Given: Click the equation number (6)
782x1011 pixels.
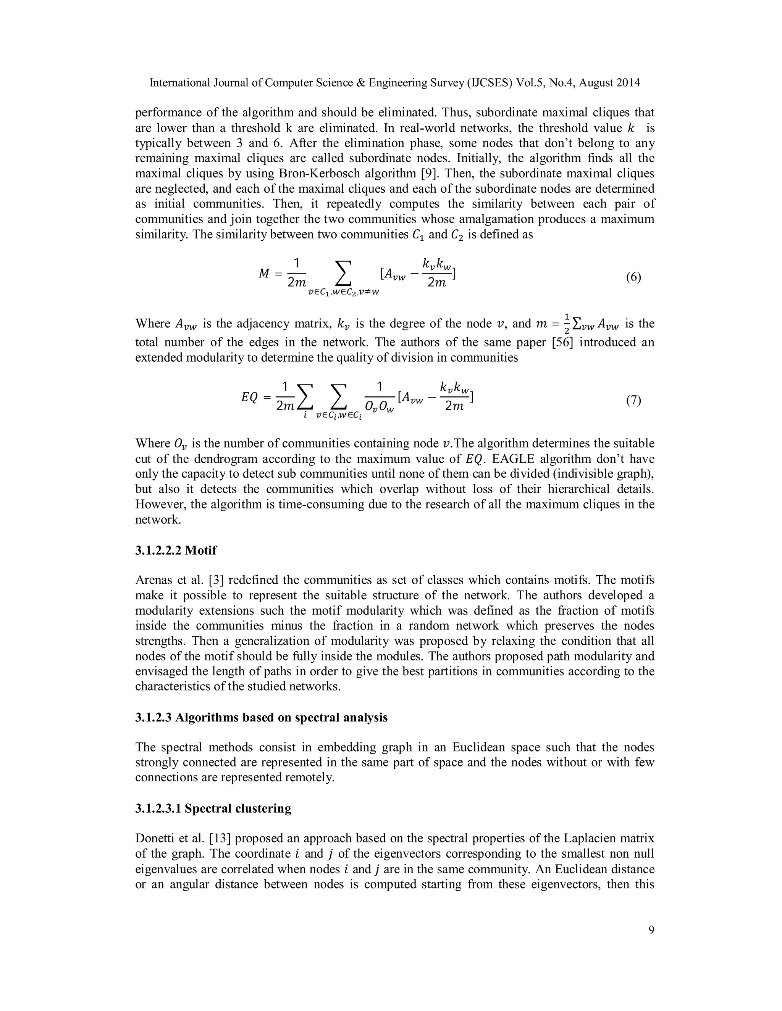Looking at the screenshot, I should coord(633,278).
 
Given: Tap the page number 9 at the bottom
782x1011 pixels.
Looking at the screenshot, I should coord(651,930).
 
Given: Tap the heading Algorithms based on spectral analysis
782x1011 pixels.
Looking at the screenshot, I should coord(281,717).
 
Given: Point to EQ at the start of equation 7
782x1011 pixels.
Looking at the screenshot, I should coord(249,397).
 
